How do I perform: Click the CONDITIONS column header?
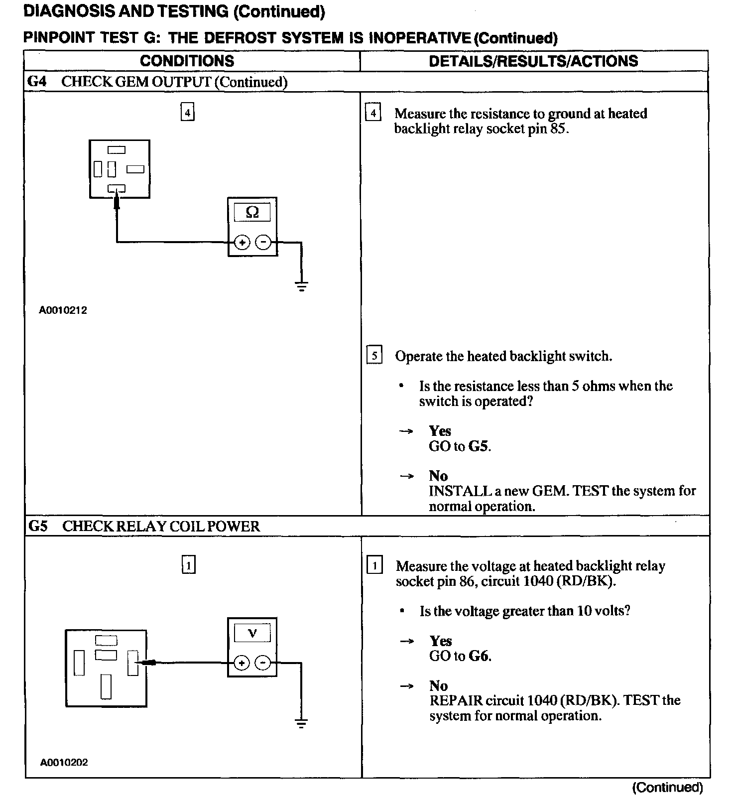click(x=187, y=61)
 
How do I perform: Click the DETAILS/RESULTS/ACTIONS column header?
click(x=533, y=61)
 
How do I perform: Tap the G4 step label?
click(x=37, y=82)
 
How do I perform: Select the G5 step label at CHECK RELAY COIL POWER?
click(x=38, y=526)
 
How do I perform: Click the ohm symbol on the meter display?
click(x=252, y=213)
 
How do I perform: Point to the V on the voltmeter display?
click(x=252, y=633)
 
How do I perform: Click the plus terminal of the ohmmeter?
click(x=242, y=243)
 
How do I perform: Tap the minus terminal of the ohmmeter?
click(x=263, y=243)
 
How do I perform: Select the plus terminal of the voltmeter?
click(x=242, y=663)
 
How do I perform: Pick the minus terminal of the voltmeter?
click(x=262, y=663)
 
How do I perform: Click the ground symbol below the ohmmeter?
click(x=301, y=286)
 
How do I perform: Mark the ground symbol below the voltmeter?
click(x=301, y=723)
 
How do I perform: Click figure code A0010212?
click(x=63, y=310)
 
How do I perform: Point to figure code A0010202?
click(x=64, y=763)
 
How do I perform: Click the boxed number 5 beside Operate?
click(x=374, y=356)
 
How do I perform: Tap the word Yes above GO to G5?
click(x=440, y=431)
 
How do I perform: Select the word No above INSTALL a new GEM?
click(x=438, y=476)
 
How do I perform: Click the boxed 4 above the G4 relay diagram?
click(x=187, y=113)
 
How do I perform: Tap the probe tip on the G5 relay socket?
click(x=144, y=663)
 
